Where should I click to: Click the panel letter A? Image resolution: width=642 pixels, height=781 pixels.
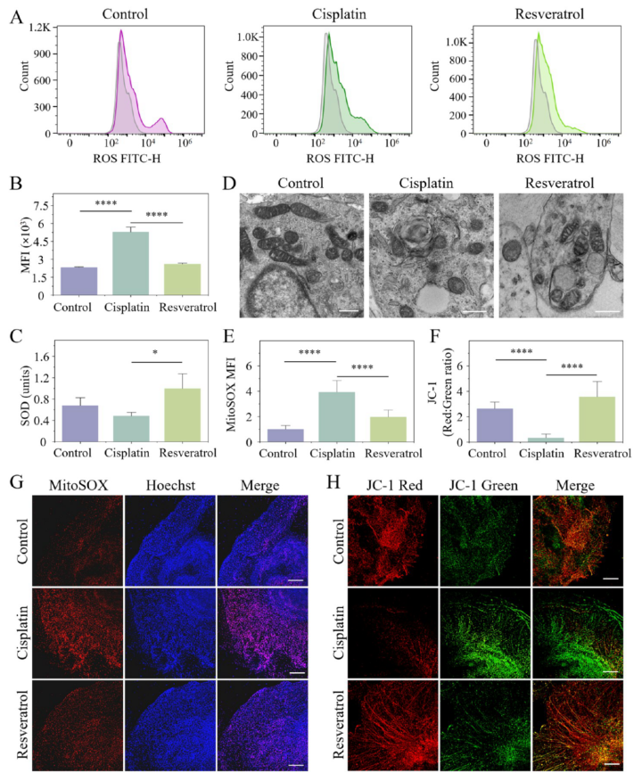pos(15,16)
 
